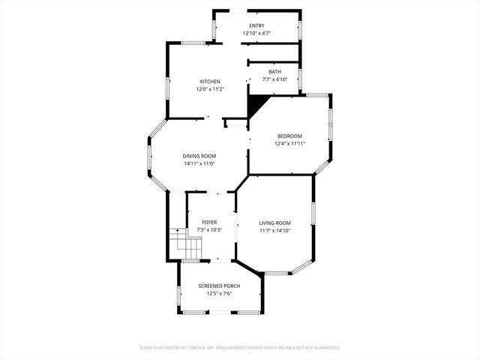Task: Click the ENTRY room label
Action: (256, 25)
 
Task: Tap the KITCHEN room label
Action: (210, 81)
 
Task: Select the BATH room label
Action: (275, 72)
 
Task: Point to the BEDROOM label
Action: (289, 136)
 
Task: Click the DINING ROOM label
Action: (199, 156)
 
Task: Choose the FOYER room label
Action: (209, 222)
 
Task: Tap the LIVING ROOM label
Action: (275, 223)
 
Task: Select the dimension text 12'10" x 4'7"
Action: (256, 33)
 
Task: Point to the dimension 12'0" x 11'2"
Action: (210, 88)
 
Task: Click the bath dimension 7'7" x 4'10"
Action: (275, 79)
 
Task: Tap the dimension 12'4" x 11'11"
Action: (289, 143)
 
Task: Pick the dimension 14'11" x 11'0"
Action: (199, 163)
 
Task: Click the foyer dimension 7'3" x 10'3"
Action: (209, 229)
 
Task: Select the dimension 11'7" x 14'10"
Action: (275, 230)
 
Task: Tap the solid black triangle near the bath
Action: (256, 103)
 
